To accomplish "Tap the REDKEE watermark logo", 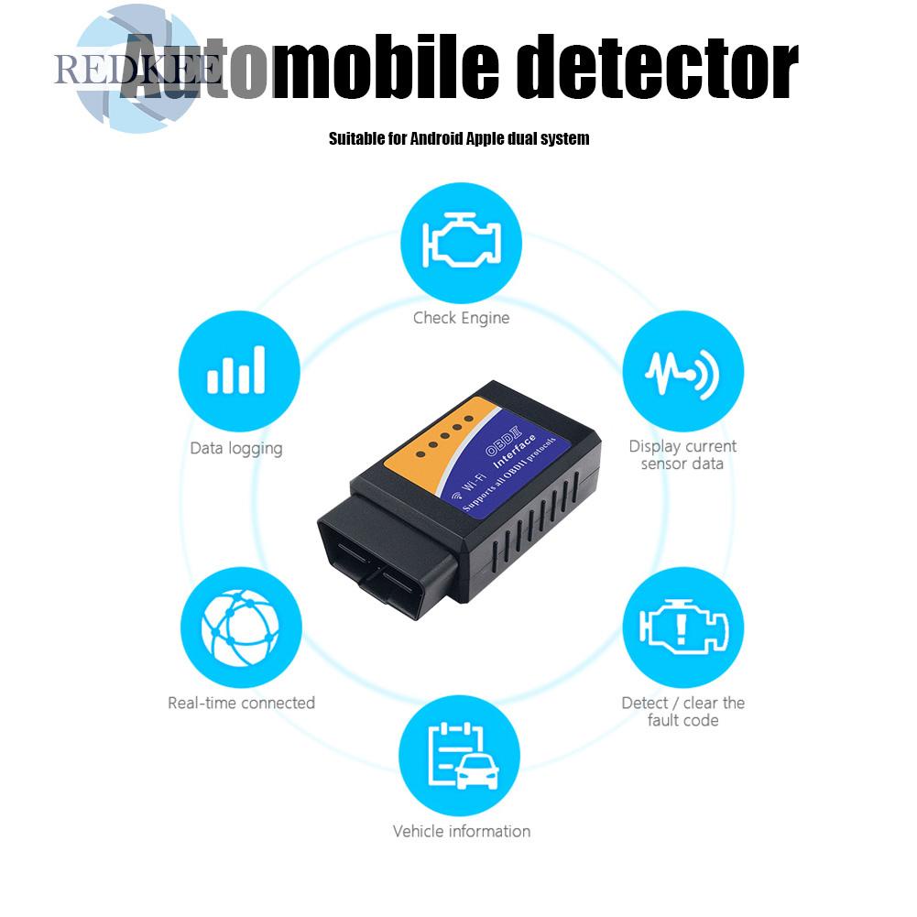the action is coord(137,69).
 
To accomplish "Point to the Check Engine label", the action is coord(461,318).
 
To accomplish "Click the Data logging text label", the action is coord(236,448).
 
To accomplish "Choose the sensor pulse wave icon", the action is coord(682,371).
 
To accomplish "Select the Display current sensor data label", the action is coord(682,454).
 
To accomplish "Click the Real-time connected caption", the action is coord(241,703).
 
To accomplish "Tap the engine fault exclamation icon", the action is coord(682,628).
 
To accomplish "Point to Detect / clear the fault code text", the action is coord(682,711).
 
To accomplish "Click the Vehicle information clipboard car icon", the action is coord(461,756).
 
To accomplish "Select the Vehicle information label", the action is coord(461,831).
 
